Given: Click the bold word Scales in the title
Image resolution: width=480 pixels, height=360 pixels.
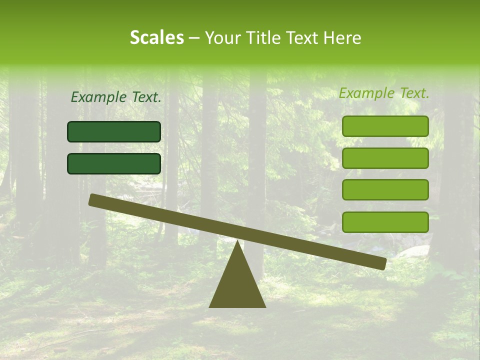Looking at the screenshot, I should tap(156, 38).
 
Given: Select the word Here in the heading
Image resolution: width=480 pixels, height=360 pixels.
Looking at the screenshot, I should tap(341, 38).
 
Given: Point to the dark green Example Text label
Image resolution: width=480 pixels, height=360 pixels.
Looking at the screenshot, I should tap(116, 97).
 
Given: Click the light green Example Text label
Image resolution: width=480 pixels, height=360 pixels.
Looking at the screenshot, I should tap(384, 93).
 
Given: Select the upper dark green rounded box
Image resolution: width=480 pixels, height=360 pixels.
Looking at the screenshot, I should tap(114, 131).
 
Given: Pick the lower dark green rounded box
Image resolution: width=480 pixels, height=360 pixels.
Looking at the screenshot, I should tap(114, 163).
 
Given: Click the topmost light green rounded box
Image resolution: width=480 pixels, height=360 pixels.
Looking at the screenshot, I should tap(385, 126).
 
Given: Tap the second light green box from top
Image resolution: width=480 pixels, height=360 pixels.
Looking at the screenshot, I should tap(385, 158).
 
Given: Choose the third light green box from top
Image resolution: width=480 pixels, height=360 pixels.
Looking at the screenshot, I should tap(385, 190).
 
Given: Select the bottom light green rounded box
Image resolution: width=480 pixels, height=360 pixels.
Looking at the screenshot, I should tap(385, 222).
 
